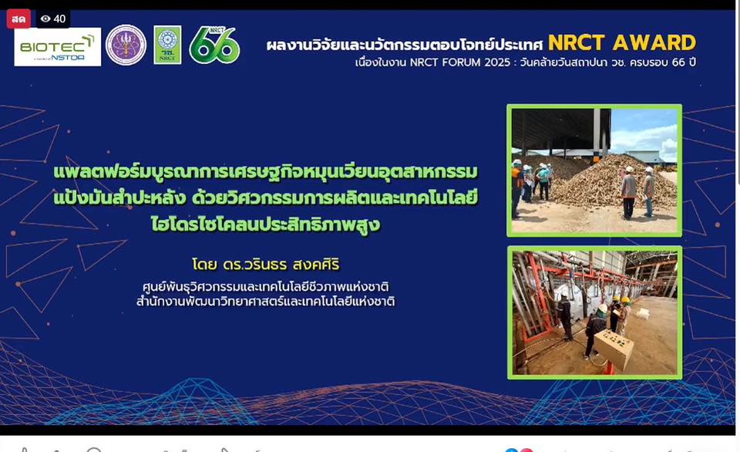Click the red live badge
[18, 19]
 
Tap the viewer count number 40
[59, 19]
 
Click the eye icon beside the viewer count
[45, 19]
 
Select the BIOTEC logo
[58, 47]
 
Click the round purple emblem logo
[126, 45]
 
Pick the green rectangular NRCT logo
[167, 45]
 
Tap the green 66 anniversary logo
[215, 46]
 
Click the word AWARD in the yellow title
[654, 43]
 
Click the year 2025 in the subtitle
[497, 62]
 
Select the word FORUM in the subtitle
[461, 62]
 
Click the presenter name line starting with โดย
[266, 264]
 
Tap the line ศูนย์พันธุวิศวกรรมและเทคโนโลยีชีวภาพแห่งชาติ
[266, 287]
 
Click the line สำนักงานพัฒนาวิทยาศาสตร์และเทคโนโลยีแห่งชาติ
[266, 301]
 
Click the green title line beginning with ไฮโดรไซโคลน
[266, 224]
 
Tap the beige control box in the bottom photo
[614, 349]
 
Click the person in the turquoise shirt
[543, 181]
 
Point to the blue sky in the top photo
[644, 130]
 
